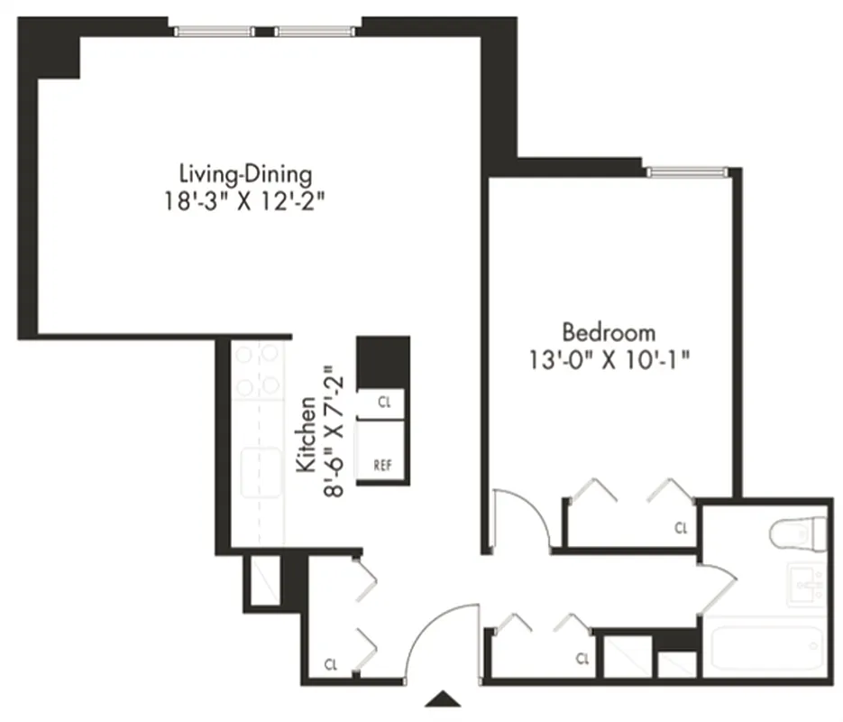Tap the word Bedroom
[x=609, y=333]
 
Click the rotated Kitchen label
[x=307, y=434]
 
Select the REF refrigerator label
[x=382, y=467]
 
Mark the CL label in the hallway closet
[x=582, y=658]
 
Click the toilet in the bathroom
[x=799, y=533]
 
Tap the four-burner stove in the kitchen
[x=258, y=372]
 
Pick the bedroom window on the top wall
[x=686, y=171]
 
